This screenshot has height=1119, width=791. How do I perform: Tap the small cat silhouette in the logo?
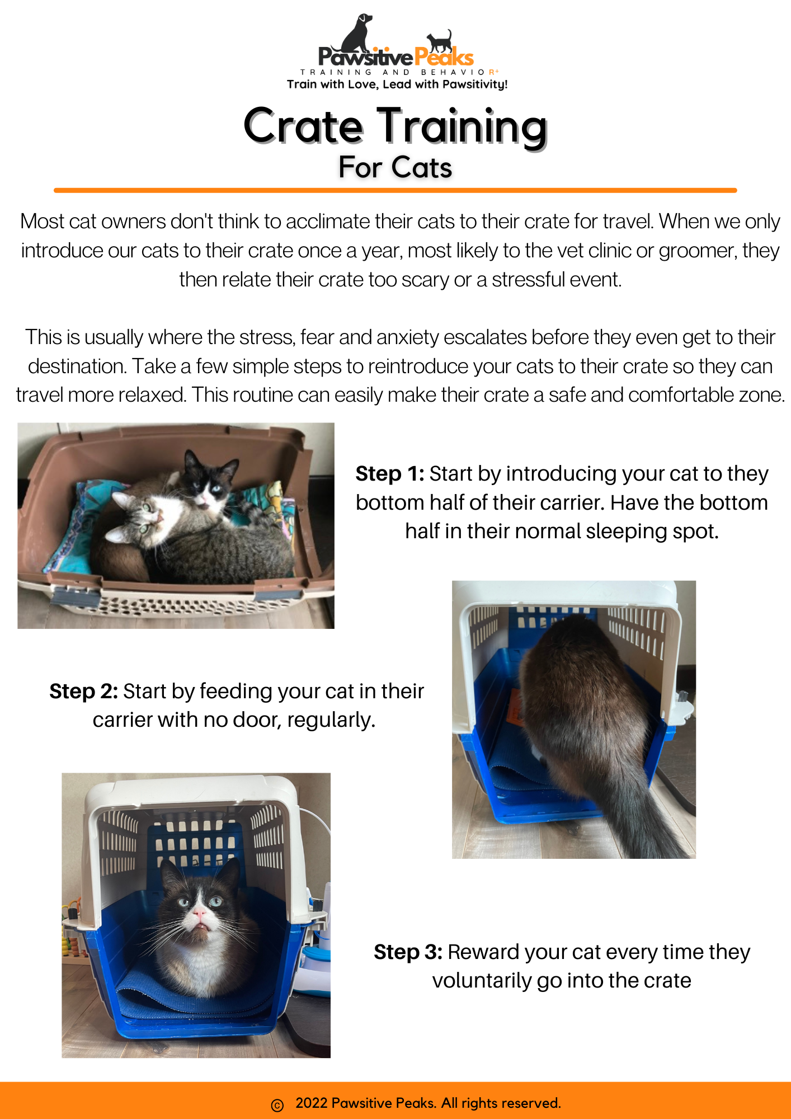coord(440,41)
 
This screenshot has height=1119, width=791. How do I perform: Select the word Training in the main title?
coord(462,128)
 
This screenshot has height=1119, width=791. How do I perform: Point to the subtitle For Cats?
coord(396,167)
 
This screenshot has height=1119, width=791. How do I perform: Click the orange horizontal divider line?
coord(396,190)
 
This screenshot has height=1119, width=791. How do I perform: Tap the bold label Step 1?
coord(390,474)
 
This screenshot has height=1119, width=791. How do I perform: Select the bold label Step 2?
coord(83,692)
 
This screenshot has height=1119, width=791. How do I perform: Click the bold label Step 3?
coord(408,952)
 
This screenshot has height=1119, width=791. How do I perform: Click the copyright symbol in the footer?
coord(277,1105)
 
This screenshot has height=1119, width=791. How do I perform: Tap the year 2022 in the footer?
coord(312,1103)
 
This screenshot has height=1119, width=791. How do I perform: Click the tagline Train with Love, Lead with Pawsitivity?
coord(397,84)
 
